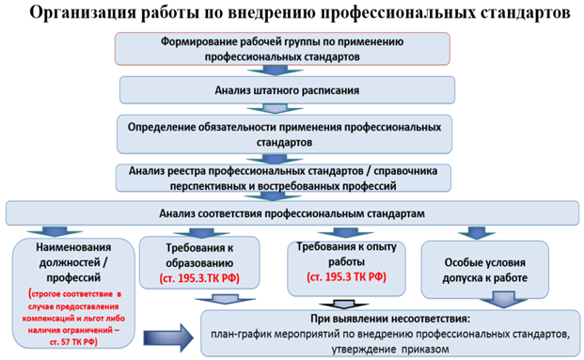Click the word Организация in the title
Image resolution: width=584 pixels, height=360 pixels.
pyautogui.click(x=83, y=13)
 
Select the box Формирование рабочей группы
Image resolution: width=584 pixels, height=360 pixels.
pyautogui.click(x=282, y=49)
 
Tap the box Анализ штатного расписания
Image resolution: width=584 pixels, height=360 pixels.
pyautogui.click(x=287, y=90)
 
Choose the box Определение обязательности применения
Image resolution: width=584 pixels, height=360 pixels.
pyautogui.click(x=284, y=134)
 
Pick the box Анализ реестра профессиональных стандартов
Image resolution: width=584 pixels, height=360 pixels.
pyautogui.click(x=283, y=179)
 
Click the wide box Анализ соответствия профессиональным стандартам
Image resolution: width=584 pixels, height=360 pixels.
pyautogui.click(x=292, y=213)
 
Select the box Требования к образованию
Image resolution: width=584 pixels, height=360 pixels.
pyautogui.click(x=199, y=262)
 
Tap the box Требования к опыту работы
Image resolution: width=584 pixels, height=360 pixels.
pyautogui.click(x=346, y=268)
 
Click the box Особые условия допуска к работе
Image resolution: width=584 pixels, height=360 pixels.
pyautogui.click(x=484, y=270)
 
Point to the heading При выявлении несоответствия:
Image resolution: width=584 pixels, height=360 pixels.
pyautogui.click(x=390, y=319)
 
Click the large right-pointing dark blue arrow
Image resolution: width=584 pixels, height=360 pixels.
pyautogui.click(x=168, y=337)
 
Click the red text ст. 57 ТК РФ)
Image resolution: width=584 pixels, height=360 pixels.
pyautogui.click(x=73, y=342)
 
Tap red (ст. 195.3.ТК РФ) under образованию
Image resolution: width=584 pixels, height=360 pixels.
pyautogui.click(x=199, y=278)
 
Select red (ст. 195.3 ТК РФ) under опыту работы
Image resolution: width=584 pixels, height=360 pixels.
pyautogui.click(x=346, y=277)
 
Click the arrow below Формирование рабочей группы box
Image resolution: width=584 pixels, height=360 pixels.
pyautogui.click(x=275, y=70)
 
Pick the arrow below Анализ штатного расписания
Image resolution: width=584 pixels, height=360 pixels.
pyautogui.click(x=275, y=109)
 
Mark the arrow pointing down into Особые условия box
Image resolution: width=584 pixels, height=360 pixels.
pyautogui.click(x=477, y=233)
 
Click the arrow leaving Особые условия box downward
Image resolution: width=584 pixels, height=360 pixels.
pyautogui.click(x=503, y=300)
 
